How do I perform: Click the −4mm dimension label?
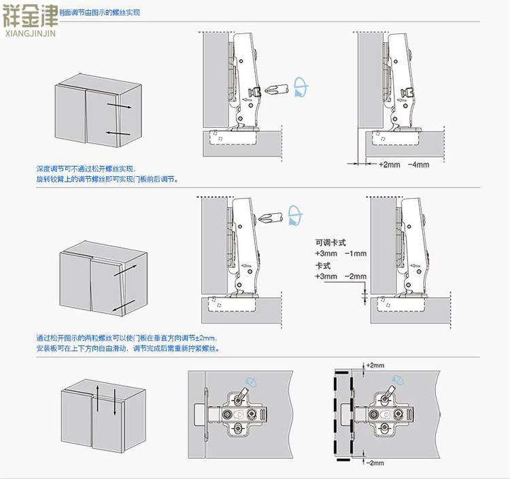point(419,165)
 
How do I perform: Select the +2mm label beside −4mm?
point(389,165)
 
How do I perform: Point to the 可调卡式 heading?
point(330,242)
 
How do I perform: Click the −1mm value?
point(356,253)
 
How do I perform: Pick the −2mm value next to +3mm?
point(356,277)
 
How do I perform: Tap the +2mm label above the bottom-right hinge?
point(375,365)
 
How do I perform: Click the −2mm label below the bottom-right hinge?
point(375,463)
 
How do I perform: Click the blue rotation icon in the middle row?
point(294,214)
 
